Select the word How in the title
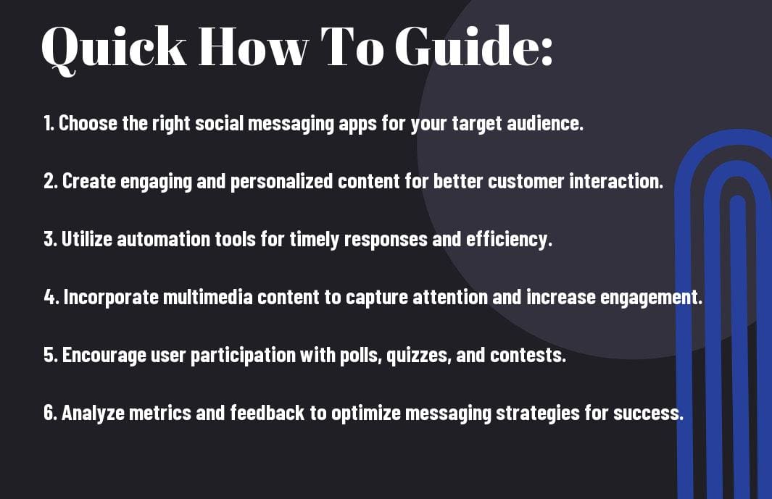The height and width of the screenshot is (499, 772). [x=253, y=46]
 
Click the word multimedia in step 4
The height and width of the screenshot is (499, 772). [x=207, y=297]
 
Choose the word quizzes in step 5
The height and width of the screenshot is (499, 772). [x=419, y=356]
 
